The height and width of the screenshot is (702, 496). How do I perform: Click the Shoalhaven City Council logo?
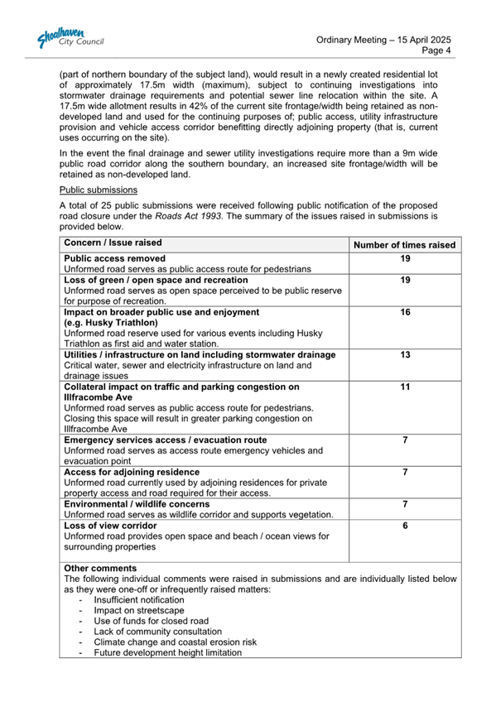click(x=70, y=40)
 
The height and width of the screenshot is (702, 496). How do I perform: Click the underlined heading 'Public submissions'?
click(x=93, y=190)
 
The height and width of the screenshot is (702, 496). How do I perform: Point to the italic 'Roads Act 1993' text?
click(x=189, y=215)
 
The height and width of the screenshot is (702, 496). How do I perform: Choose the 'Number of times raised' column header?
click(x=404, y=245)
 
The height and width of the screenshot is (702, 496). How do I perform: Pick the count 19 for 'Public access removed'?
click(x=405, y=258)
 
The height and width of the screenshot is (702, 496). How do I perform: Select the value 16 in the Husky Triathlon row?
click(x=405, y=312)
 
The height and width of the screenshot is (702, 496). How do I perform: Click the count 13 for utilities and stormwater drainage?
click(x=405, y=355)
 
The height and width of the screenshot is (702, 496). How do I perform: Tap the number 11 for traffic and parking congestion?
click(x=405, y=387)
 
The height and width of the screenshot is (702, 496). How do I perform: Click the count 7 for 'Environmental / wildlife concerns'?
click(x=405, y=504)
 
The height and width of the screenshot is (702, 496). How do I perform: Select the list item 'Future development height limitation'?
click(x=168, y=653)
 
